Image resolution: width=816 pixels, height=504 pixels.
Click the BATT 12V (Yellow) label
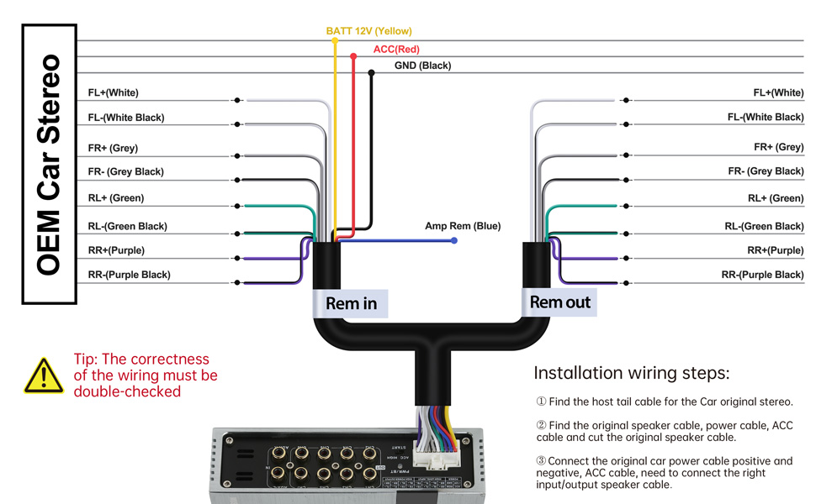click(368, 31)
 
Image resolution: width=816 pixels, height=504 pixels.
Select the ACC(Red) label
click(396, 50)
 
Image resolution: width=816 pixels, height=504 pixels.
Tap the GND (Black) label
click(422, 66)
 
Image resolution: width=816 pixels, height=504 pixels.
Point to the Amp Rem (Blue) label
click(462, 226)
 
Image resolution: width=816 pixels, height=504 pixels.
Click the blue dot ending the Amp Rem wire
click(454, 240)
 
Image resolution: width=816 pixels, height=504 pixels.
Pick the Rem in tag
click(351, 303)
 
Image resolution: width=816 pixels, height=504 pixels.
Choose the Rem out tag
click(560, 302)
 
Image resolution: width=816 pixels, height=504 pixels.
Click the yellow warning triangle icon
click(44, 376)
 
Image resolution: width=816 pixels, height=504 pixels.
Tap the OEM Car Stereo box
click(50, 164)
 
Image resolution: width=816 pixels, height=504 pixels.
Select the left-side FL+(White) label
click(114, 92)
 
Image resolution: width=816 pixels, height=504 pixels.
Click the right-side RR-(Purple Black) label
click(762, 275)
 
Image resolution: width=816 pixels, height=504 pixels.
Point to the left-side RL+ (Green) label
click(116, 198)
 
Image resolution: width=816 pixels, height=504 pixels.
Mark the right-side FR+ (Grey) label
click(778, 147)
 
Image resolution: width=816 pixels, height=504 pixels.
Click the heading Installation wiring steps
click(632, 373)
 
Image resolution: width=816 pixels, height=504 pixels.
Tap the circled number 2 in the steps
click(541, 425)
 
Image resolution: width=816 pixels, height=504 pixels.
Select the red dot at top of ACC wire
click(353, 56)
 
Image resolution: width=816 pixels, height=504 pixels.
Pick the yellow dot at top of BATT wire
click(334, 39)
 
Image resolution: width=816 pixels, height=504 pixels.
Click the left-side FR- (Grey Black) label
click(126, 171)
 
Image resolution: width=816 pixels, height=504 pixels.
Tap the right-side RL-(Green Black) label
click(764, 226)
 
